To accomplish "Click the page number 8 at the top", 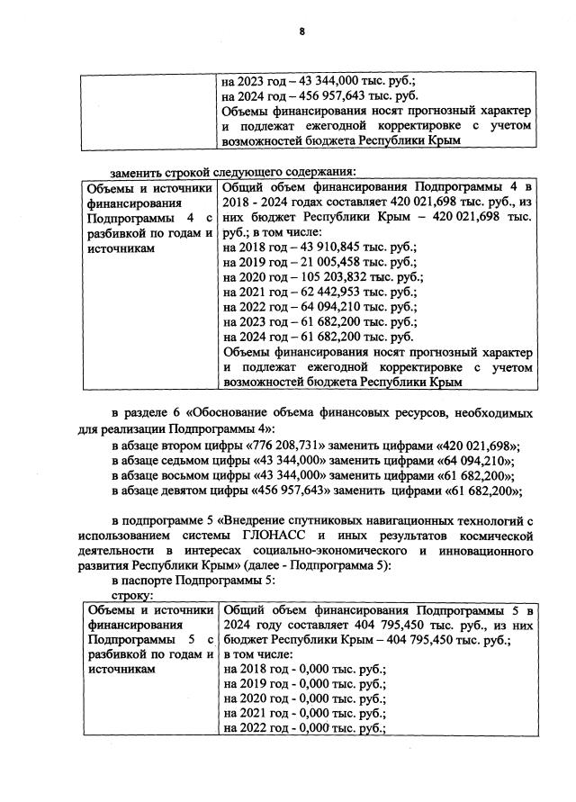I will [x=302, y=32].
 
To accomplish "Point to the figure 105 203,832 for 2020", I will [x=317, y=278].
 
